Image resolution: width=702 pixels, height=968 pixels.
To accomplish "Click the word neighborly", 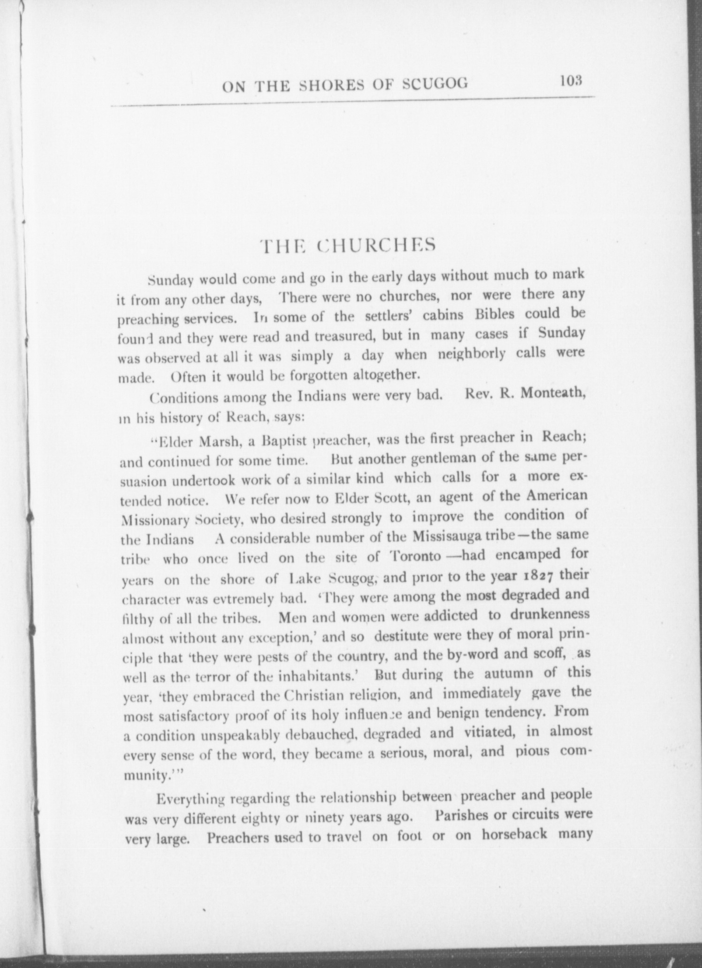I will (x=471, y=354).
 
